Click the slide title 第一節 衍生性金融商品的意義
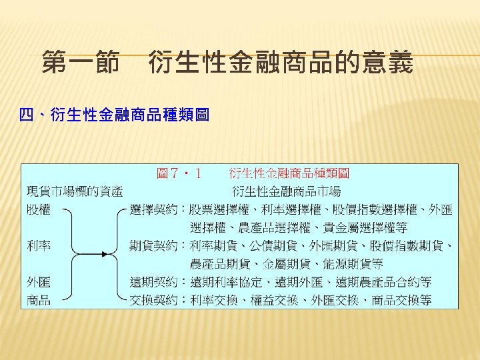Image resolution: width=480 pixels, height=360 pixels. pos(227,64)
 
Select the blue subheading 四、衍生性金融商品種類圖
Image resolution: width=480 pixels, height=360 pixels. pos(115,116)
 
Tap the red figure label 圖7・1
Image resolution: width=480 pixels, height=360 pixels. pos(179,174)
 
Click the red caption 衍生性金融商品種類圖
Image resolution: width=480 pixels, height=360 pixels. pos(289,174)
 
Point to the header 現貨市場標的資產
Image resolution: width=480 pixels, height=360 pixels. pos(75,192)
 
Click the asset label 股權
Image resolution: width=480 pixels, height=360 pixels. pos(39,210)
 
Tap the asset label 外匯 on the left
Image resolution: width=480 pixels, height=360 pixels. pos(39,282)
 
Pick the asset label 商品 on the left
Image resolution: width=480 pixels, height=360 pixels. pos(39,300)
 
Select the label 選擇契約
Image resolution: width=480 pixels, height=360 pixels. pos(153,210)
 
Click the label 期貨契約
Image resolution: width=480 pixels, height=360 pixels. pos(153,246)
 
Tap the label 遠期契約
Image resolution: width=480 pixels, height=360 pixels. pos(153,282)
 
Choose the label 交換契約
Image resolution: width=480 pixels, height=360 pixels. pos(153,300)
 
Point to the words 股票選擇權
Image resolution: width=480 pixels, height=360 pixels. pos(213,210)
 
